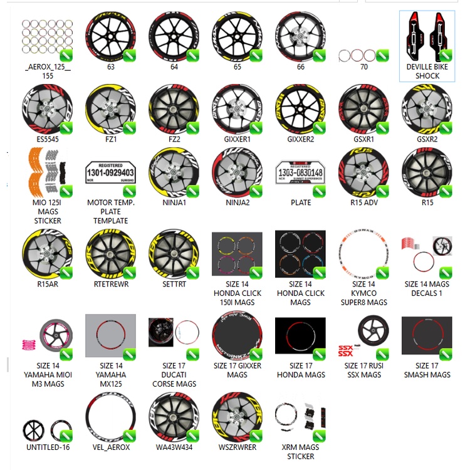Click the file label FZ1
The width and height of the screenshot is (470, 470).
(x=110, y=139)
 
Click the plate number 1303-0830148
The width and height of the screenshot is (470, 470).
(x=300, y=172)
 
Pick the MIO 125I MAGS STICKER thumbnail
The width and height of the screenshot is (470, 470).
(x=47, y=172)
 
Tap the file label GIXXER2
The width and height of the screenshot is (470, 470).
(x=300, y=139)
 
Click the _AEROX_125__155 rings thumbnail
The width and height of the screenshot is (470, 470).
(x=47, y=38)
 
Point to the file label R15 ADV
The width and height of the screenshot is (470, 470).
(x=363, y=202)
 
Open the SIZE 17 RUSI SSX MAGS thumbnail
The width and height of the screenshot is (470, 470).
(x=363, y=335)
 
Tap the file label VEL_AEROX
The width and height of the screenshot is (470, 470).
(x=110, y=447)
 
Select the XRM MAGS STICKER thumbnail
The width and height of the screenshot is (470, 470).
(x=300, y=417)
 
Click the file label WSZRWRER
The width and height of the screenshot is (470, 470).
(x=237, y=447)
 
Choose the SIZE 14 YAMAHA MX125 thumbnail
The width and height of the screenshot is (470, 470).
(x=110, y=338)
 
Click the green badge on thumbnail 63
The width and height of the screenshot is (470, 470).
(x=129, y=56)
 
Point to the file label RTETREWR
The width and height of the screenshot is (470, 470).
(x=110, y=284)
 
